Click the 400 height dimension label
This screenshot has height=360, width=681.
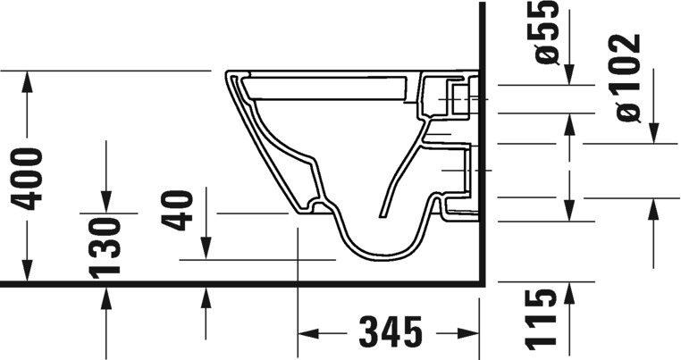click(27, 179)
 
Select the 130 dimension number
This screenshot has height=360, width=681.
click(105, 248)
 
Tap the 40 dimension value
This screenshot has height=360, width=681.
click(177, 210)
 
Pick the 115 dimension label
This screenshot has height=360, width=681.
click(542, 320)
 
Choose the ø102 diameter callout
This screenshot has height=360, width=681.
click(628, 78)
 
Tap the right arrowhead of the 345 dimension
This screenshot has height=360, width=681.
click(468, 333)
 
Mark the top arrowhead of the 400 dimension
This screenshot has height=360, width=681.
click(27, 81)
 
